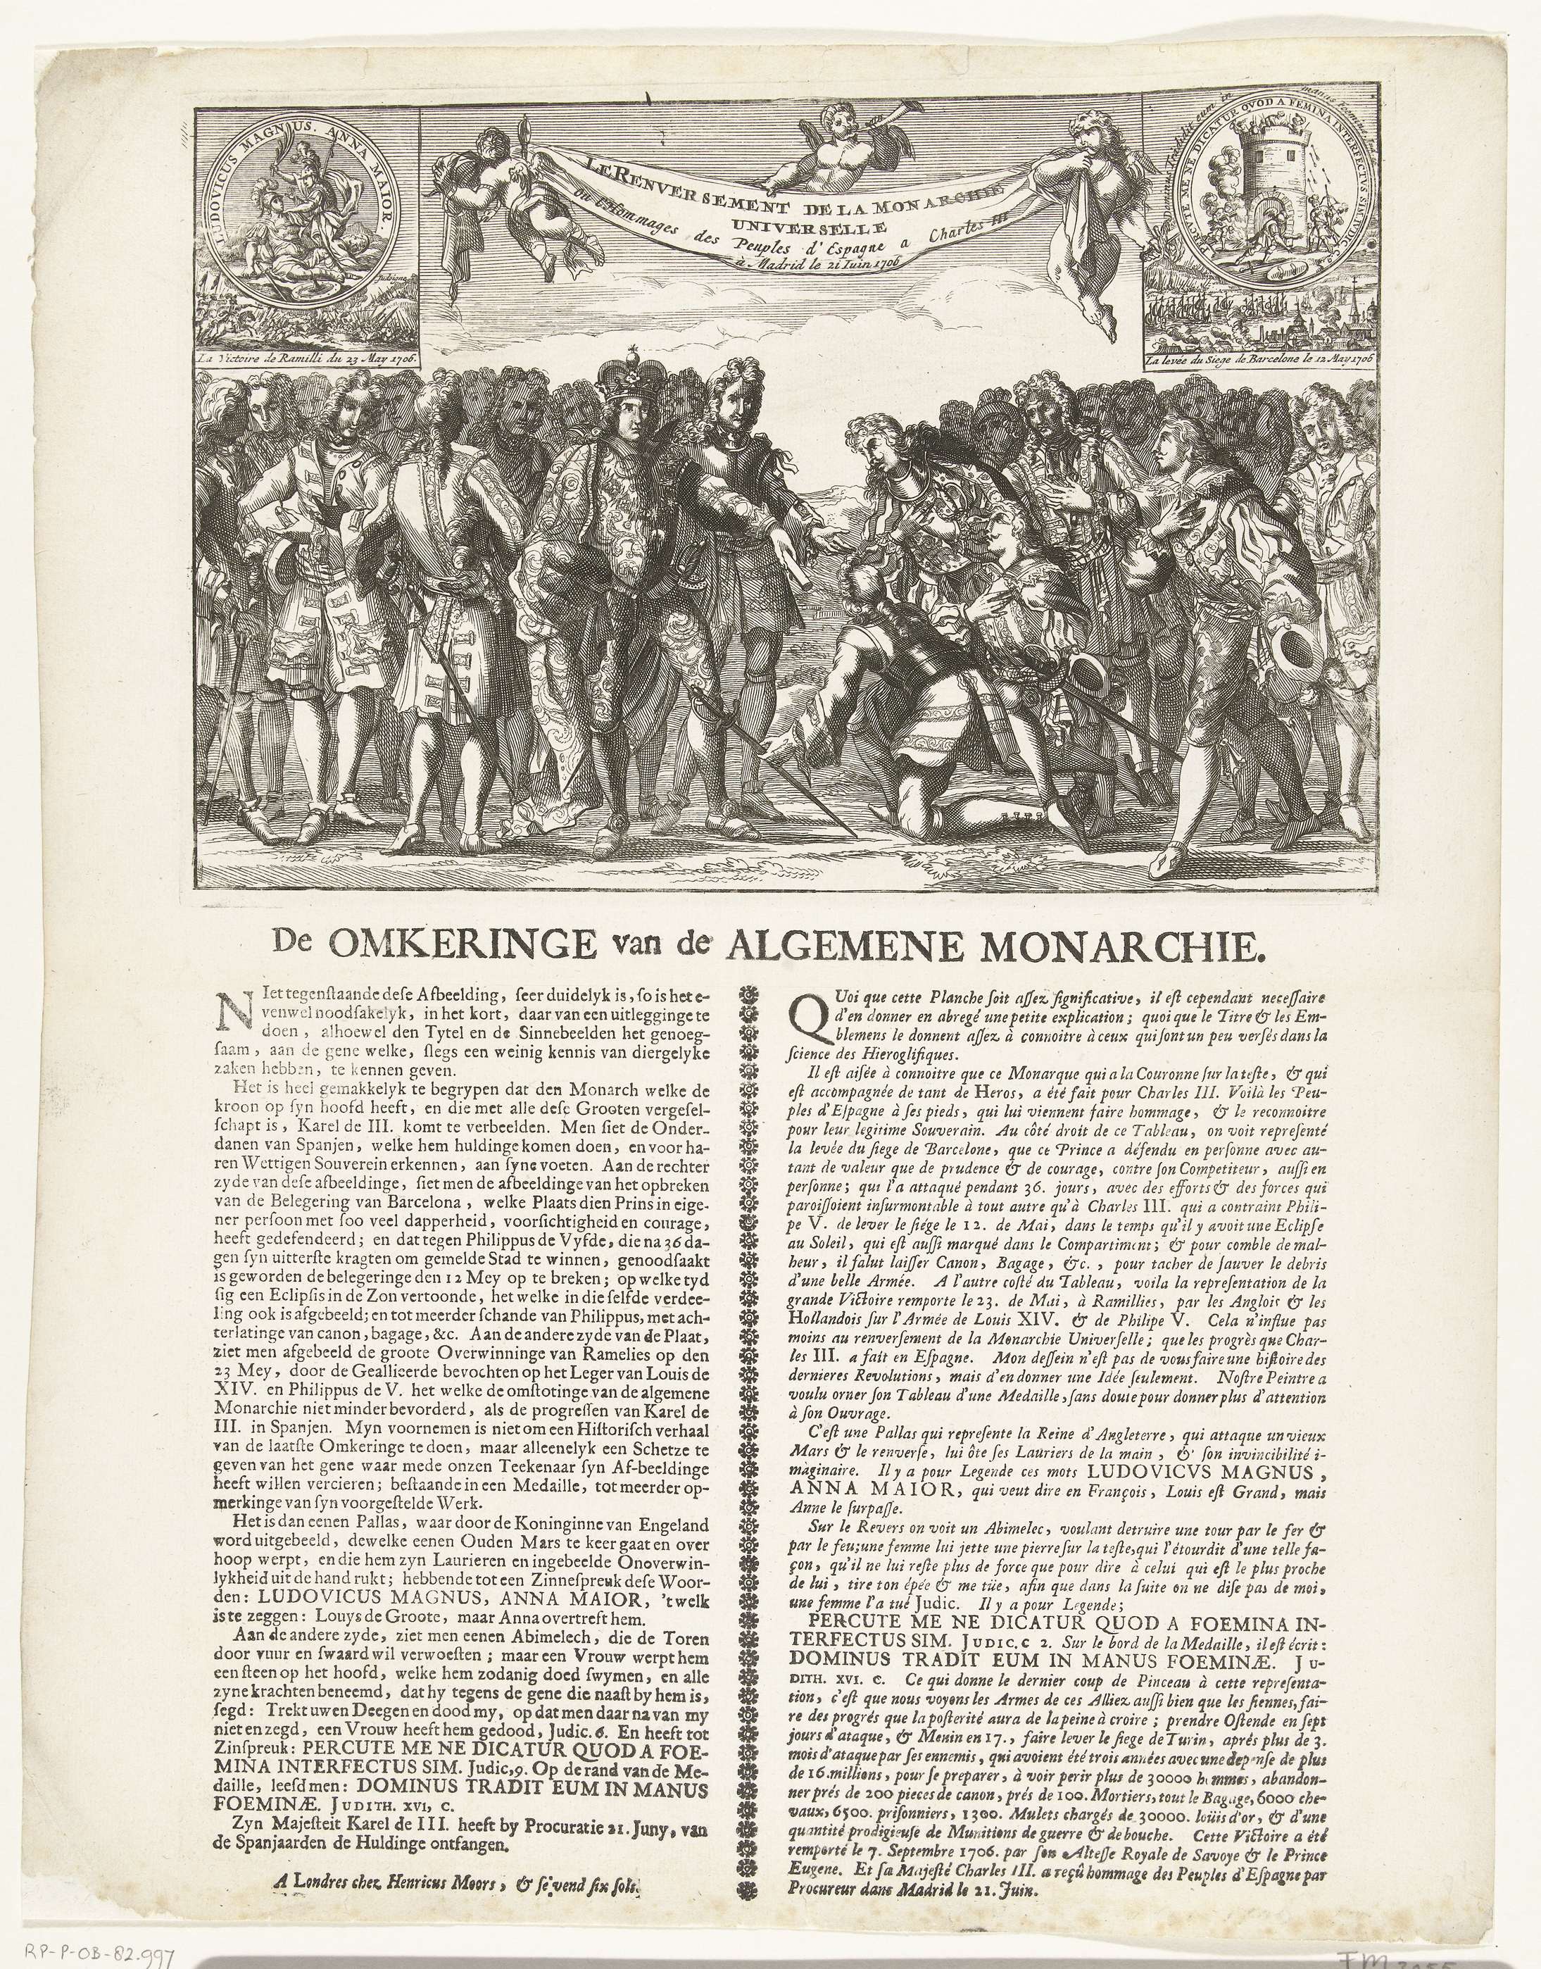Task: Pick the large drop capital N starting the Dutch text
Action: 225,1004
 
